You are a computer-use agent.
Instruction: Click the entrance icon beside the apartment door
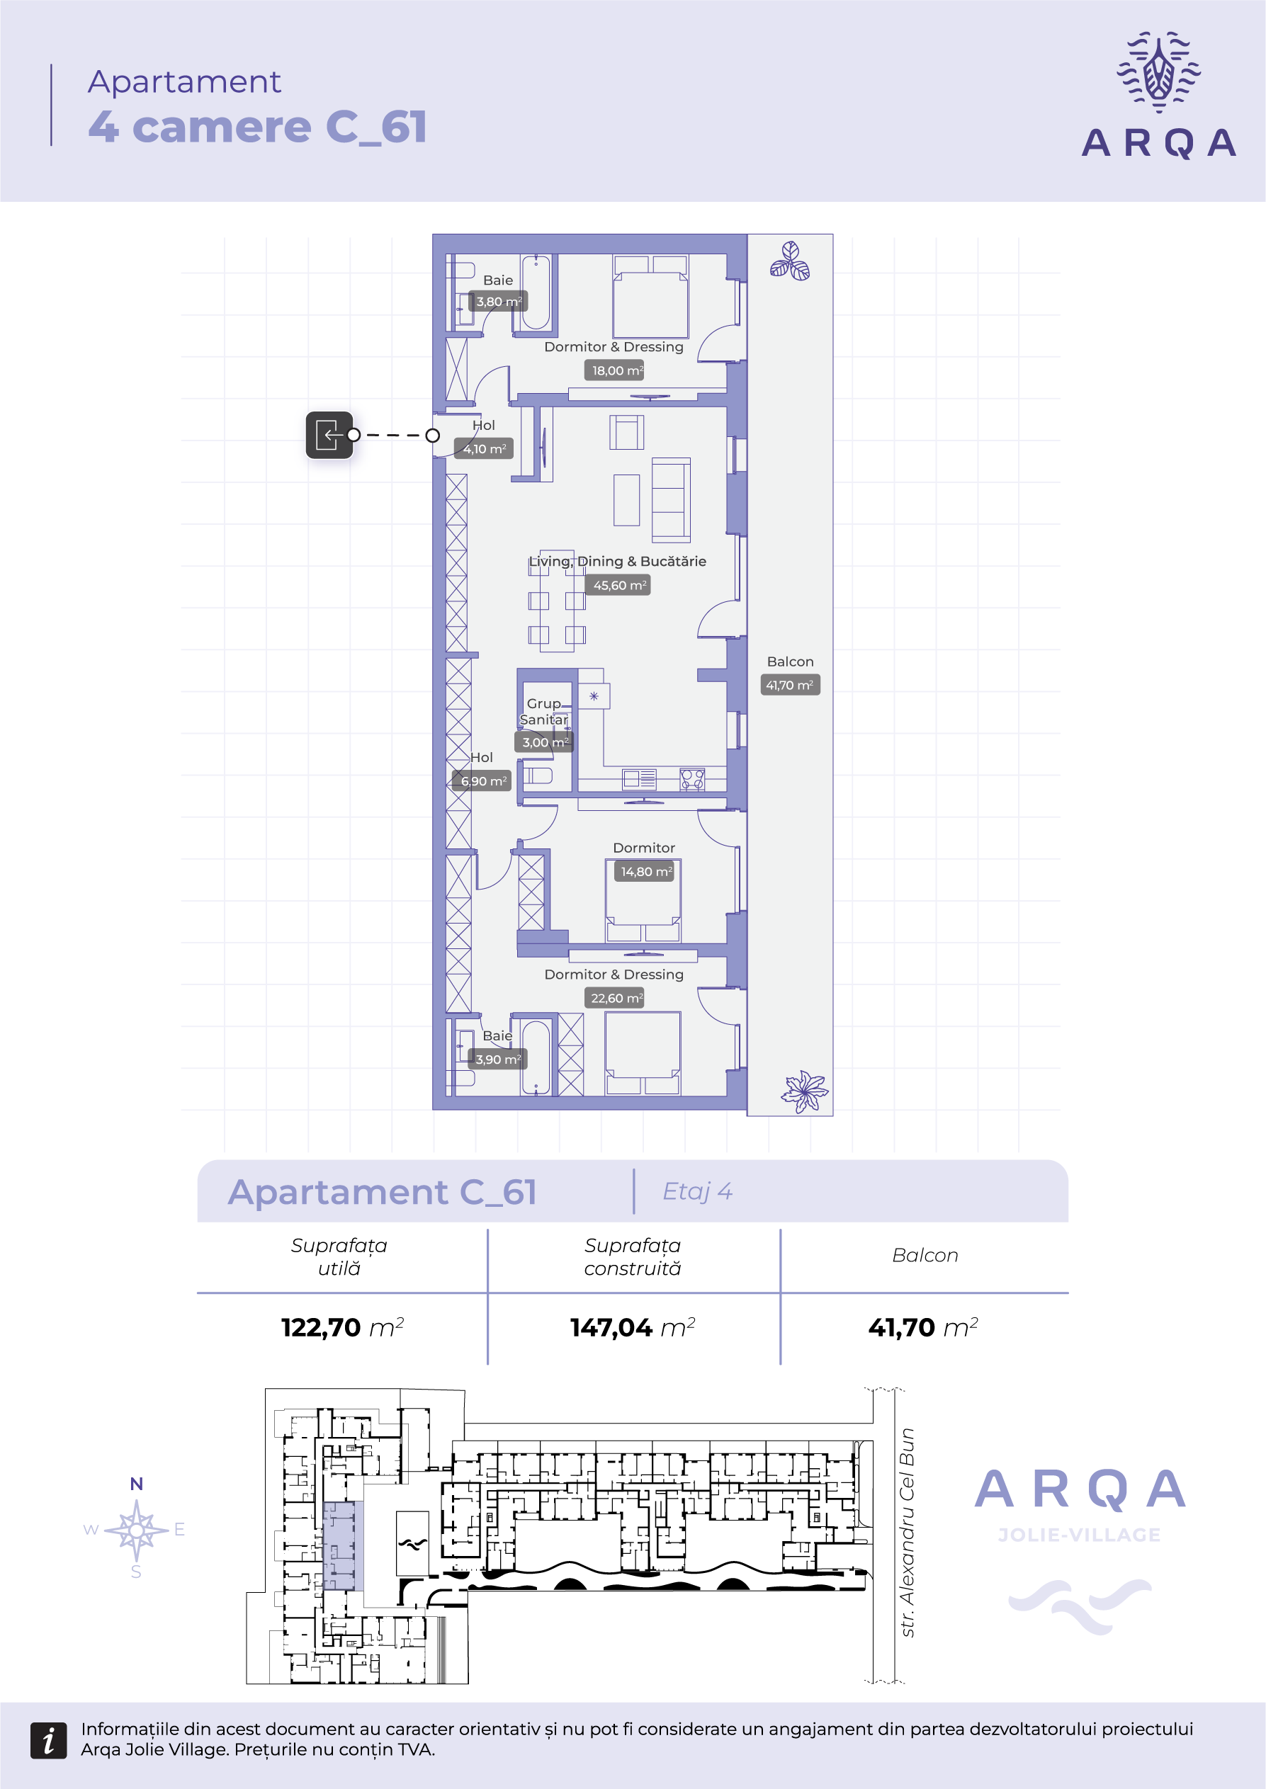click(329, 435)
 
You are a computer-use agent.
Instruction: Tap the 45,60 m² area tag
click(620, 585)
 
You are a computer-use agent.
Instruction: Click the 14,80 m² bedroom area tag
click(645, 871)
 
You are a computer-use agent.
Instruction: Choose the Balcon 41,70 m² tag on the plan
click(790, 685)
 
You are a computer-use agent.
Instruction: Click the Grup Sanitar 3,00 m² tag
click(544, 742)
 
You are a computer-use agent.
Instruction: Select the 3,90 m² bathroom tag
click(498, 1059)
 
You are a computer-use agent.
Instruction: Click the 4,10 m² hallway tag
click(484, 449)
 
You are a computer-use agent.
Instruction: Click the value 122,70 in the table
click(321, 1327)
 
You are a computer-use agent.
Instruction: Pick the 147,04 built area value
click(611, 1327)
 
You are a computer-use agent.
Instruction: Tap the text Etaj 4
click(697, 1191)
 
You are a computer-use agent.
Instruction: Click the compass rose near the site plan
click(137, 1530)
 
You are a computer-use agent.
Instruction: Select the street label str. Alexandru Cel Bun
click(907, 1533)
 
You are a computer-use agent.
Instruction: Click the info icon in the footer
click(48, 1741)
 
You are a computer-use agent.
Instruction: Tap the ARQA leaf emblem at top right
click(1158, 72)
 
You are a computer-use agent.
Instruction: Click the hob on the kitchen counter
click(692, 779)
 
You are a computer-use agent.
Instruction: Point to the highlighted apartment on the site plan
click(339, 1546)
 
